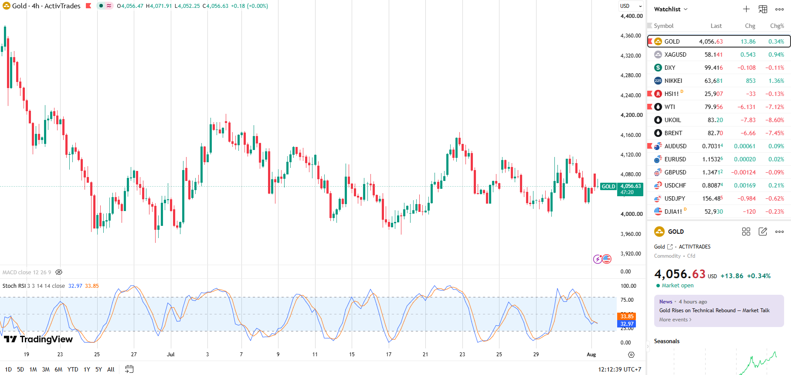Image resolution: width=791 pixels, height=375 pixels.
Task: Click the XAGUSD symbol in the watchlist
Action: pos(675,55)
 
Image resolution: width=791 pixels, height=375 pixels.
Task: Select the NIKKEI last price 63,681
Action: pos(713,81)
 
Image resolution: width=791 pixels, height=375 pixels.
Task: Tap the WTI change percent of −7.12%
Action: pos(774,107)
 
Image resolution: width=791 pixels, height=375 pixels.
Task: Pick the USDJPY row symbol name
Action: pos(675,198)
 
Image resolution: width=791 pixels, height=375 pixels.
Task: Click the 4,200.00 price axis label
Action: pos(631,115)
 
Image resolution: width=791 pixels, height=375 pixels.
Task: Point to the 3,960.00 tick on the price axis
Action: pos(631,234)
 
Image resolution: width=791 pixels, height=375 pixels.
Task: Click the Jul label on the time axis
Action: pos(170,355)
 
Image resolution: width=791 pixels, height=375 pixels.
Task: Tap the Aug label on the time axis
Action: pos(591,355)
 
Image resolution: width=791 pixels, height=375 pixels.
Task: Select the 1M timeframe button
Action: pos(33,369)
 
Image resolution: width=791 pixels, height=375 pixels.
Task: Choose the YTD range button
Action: pos(73,369)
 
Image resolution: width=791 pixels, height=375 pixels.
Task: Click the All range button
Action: pos(111,369)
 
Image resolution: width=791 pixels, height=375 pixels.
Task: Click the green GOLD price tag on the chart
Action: pos(608,187)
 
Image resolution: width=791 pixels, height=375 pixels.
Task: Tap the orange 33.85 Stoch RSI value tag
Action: pos(627,316)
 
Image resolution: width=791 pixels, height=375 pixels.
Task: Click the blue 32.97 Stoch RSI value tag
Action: pos(627,324)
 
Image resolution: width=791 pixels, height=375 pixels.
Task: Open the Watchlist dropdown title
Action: pos(671,9)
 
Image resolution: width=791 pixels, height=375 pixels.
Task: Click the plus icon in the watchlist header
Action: pos(746,9)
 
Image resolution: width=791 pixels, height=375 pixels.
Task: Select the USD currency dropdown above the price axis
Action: pos(631,6)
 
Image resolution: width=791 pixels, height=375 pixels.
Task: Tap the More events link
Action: pos(675,320)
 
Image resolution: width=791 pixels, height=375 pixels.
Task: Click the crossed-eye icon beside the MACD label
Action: pos(59,272)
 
